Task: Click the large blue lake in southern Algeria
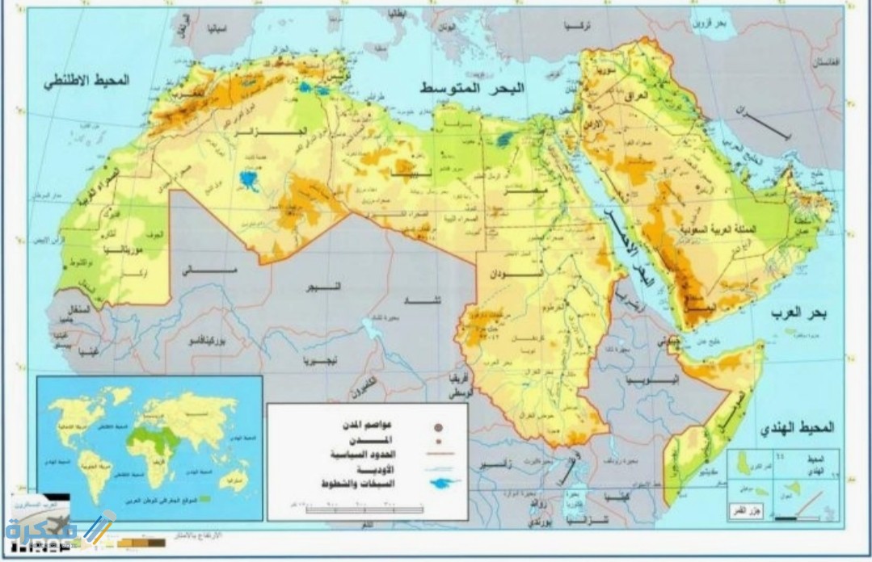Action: pos(249,178)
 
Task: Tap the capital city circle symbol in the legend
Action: pos(438,426)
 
